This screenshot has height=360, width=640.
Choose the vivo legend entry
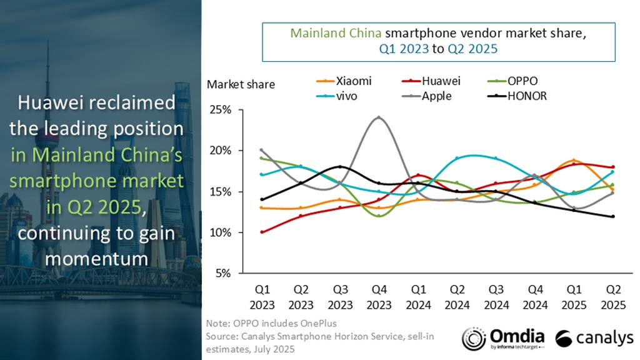(342, 96)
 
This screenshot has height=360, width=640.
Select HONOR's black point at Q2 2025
(612, 216)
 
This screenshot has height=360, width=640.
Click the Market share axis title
(241, 84)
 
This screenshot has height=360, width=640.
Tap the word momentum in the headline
(100, 258)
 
